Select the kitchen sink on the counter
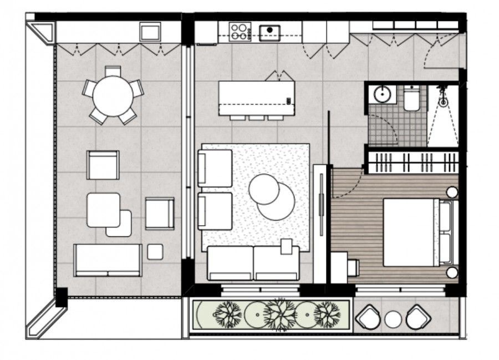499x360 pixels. coord(270,32)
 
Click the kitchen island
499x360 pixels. coord(255,98)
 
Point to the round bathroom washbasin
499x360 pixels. coord(383,94)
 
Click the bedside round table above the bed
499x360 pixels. coord(452,192)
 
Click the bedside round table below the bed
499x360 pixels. coord(452,272)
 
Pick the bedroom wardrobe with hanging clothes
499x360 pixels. coord(413,163)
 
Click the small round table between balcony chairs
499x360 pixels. coord(393,318)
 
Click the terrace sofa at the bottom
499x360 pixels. coord(108,260)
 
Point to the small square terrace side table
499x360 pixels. coord(155,252)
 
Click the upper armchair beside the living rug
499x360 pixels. coord(215,168)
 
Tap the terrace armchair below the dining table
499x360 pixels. coord(103,165)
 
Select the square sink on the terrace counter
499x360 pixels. coord(150,32)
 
